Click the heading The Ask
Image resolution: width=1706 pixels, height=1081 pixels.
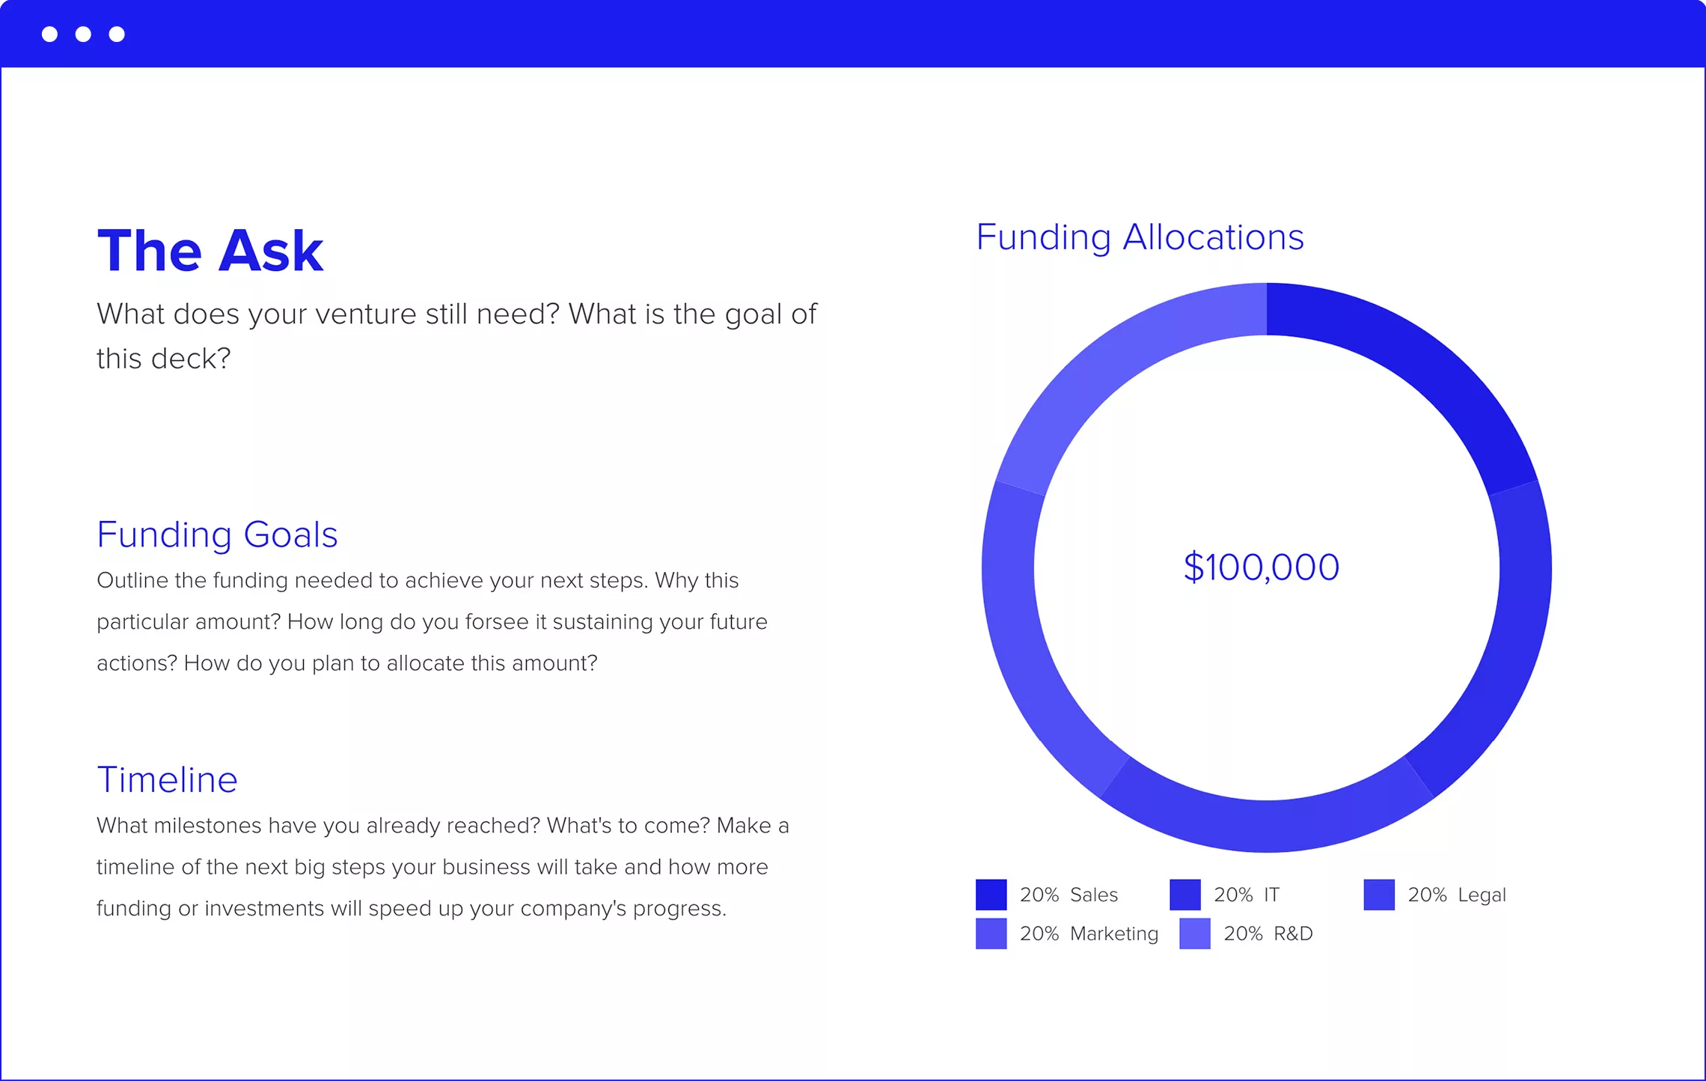click(210, 251)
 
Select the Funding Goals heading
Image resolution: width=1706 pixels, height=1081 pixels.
click(217, 535)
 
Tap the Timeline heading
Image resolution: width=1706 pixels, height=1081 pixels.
click(167, 780)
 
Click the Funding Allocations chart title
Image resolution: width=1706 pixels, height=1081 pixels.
click(1140, 237)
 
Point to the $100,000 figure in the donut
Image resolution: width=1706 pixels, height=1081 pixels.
click(1262, 567)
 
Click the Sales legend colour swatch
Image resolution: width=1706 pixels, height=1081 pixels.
click(991, 895)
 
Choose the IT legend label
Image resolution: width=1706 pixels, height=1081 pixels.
click(1271, 895)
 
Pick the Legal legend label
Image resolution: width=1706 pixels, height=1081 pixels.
click(1482, 895)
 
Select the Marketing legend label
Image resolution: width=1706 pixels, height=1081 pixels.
click(1114, 934)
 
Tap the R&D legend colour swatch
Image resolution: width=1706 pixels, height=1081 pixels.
click(1194, 934)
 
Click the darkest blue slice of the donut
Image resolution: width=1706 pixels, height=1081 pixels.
click(1407, 374)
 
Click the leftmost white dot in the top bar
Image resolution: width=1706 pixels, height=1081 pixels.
click(49, 34)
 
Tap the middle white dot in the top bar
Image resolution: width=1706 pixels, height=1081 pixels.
click(83, 34)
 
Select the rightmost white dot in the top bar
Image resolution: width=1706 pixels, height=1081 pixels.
click(117, 34)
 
